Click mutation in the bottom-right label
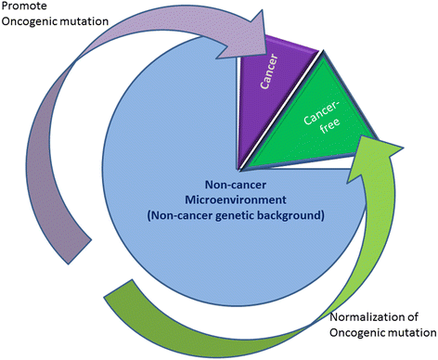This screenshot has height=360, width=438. pyautogui.click(x=412, y=334)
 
